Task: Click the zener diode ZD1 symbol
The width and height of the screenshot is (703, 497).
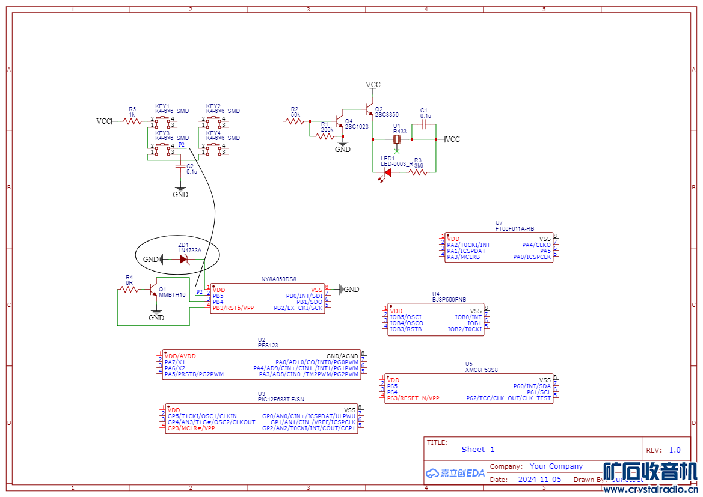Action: coord(184,260)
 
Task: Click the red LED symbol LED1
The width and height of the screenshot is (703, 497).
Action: coord(387,172)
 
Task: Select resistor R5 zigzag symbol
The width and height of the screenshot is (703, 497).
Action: coord(132,121)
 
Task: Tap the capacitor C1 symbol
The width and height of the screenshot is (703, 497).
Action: coord(425,125)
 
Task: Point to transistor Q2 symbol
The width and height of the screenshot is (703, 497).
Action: coord(369,111)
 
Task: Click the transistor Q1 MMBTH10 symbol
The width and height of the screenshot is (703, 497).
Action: coord(153,290)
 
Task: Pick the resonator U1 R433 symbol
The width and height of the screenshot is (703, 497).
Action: coord(397,139)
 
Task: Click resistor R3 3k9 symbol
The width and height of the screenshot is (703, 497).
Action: coord(418,172)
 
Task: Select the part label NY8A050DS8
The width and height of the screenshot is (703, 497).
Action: coord(279,279)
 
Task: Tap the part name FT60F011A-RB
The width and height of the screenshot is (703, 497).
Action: coord(515,228)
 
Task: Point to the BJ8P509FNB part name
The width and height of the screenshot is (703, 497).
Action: coord(449,299)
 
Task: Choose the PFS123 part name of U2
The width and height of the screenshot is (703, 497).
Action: coord(268,345)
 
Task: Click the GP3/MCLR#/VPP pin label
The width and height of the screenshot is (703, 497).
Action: coord(191,428)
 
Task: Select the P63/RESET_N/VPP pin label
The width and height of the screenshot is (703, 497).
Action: coord(413,398)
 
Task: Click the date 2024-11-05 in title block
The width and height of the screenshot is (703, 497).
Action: coord(539,480)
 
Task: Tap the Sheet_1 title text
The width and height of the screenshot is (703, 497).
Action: coord(478,449)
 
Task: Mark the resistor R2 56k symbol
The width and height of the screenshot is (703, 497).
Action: coord(295,121)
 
